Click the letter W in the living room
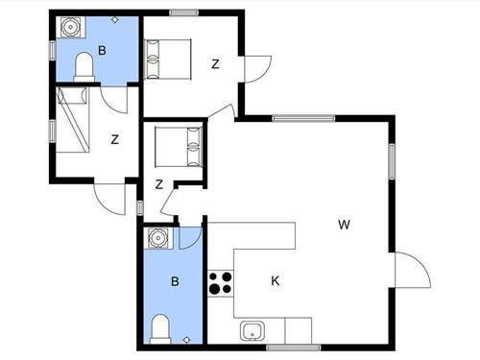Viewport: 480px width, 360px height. pyautogui.click(x=343, y=226)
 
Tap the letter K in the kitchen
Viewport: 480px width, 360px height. pyautogui.click(x=275, y=281)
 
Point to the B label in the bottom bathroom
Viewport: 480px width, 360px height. pyautogui.click(x=175, y=281)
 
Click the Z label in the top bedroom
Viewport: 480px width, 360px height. pyautogui.click(x=215, y=65)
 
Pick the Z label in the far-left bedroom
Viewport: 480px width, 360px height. pyautogui.click(x=114, y=139)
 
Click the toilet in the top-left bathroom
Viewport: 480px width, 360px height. pyautogui.click(x=84, y=67)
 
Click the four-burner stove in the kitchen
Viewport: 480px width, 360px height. pyautogui.click(x=221, y=283)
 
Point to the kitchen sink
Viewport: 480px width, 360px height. pyautogui.click(x=252, y=331)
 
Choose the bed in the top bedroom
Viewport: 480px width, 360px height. pyautogui.click(x=169, y=58)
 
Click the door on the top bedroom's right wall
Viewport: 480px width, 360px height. pyautogui.click(x=257, y=69)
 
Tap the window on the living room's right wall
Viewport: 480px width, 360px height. pyautogui.click(x=393, y=159)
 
